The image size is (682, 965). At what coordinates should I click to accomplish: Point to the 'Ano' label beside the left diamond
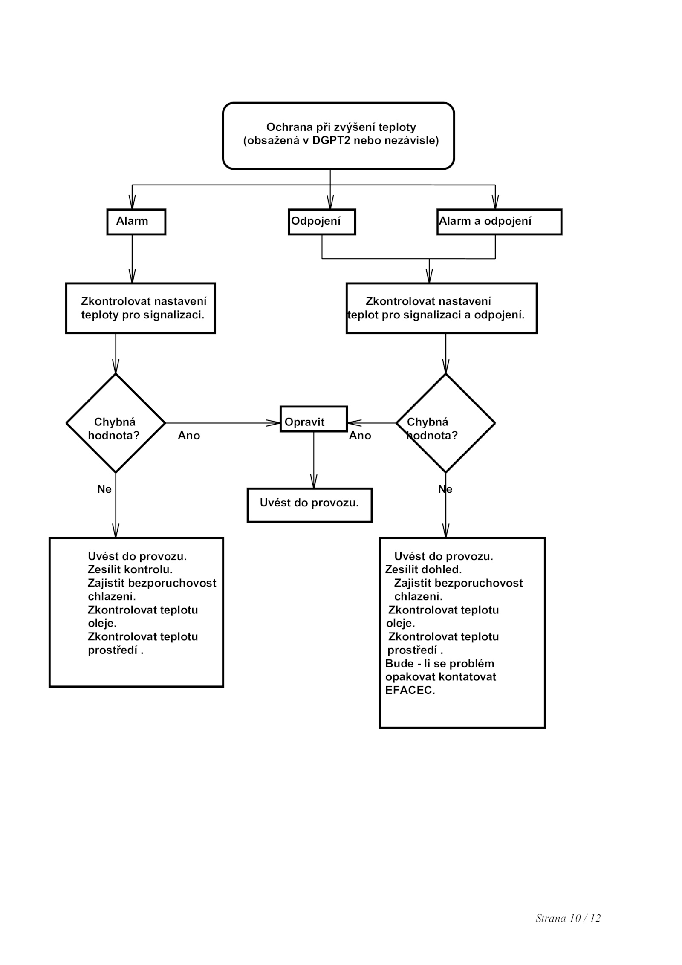click(189, 436)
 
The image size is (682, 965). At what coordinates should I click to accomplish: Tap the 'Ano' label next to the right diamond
click(360, 436)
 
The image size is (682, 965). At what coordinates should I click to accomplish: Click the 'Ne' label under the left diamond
click(104, 489)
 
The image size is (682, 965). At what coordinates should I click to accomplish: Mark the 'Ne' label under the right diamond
click(445, 489)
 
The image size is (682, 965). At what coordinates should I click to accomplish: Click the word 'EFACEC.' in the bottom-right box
click(410, 691)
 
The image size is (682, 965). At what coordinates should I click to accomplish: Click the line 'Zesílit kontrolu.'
click(130, 569)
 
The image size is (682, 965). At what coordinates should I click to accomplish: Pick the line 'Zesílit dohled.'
click(423, 569)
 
